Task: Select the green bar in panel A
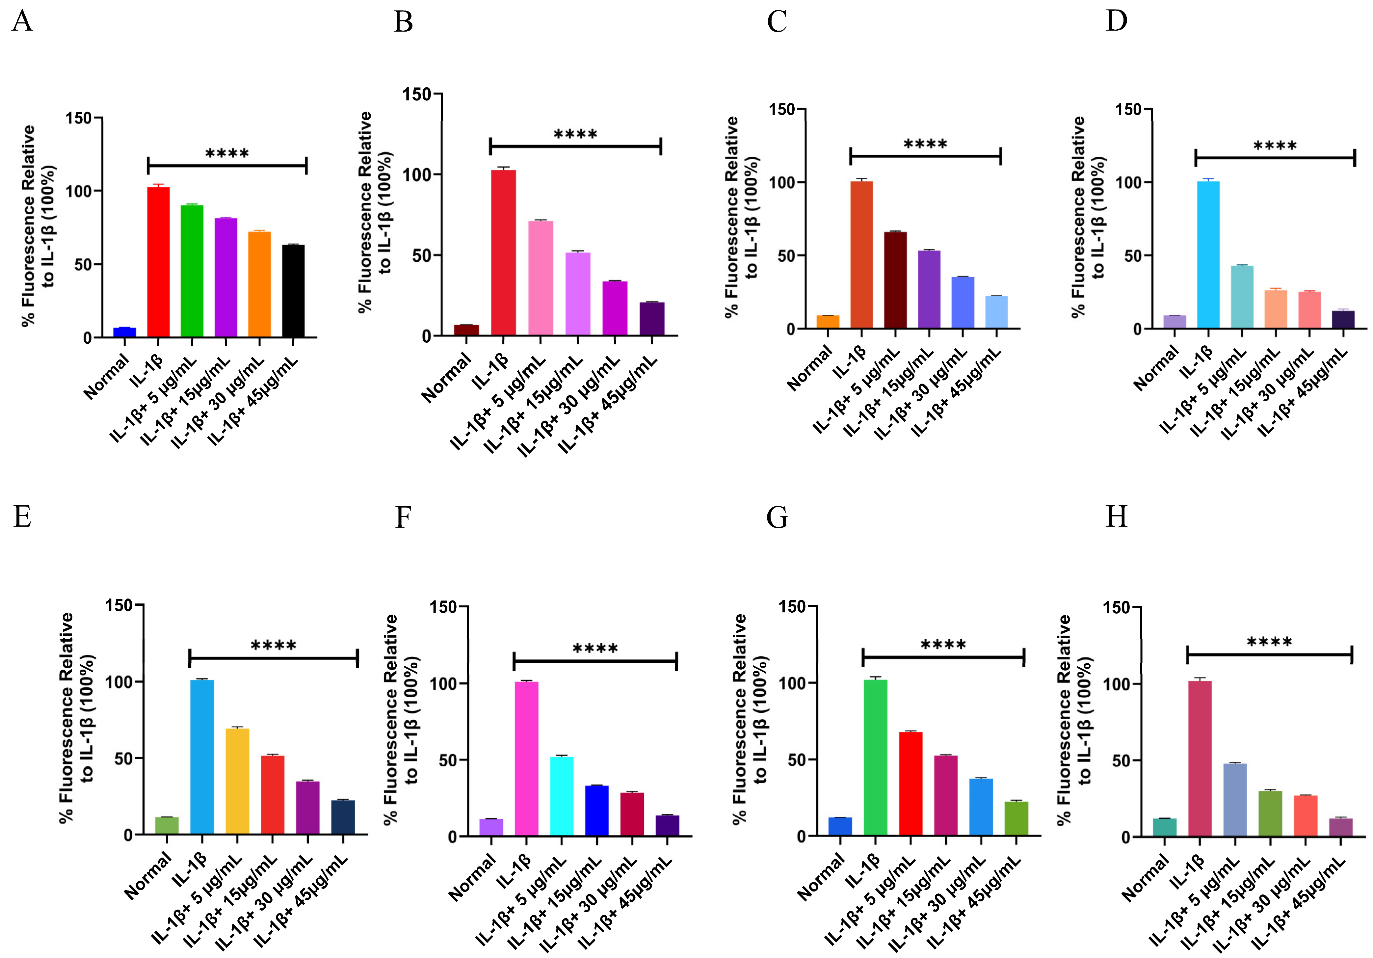[x=192, y=271]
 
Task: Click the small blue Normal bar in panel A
[x=124, y=332]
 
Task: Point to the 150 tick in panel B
[x=417, y=94]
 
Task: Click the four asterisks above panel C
[x=925, y=144]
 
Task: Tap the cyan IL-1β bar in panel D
[x=1208, y=254]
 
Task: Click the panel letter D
[x=1116, y=21]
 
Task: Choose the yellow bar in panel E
[x=237, y=781]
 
